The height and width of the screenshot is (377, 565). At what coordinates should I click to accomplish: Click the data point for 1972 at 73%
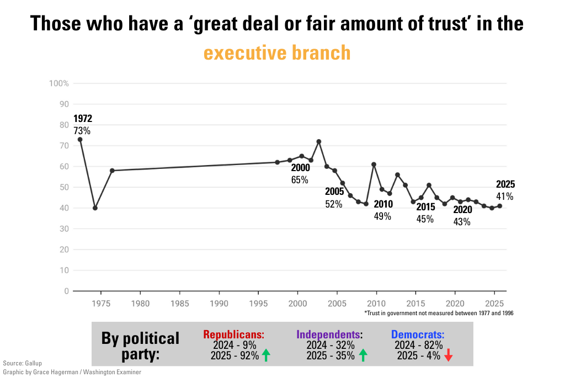(x=80, y=140)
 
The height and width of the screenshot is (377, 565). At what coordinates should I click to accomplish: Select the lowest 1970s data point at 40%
(x=95, y=208)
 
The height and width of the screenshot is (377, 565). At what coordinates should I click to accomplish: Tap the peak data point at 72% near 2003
(x=319, y=141)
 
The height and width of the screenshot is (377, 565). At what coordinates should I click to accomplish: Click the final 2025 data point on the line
(x=500, y=206)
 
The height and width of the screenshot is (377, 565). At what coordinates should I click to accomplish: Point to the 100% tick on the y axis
(x=59, y=83)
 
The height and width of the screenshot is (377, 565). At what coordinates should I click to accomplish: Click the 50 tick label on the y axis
(x=64, y=187)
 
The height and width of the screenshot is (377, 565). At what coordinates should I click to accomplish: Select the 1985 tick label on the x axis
(x=180, y=304)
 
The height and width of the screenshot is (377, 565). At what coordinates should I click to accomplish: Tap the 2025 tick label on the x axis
(x=494, y=304)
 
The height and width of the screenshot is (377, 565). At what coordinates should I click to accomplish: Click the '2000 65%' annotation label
(x=300, y=173)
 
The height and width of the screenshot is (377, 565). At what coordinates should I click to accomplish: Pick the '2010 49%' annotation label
(x=383, y=210)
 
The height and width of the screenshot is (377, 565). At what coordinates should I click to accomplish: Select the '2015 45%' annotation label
(x=425, y=213)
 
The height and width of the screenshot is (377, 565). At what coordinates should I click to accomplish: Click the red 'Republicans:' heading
(x=234, y=334)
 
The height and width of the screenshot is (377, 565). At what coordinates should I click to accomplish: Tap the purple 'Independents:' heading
(x=329, y=334)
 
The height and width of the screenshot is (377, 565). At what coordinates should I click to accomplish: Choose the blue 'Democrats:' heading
(x=418, y=334)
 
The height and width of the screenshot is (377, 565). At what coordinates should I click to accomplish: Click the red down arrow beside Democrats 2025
(x=448, y=356)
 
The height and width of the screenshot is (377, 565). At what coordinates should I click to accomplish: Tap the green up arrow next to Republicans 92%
(x=266, y=356)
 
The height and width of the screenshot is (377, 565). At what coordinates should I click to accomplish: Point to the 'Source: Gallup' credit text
(x=22, y=363)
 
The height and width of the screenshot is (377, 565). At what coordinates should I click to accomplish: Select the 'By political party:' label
(x=141, y=346)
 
